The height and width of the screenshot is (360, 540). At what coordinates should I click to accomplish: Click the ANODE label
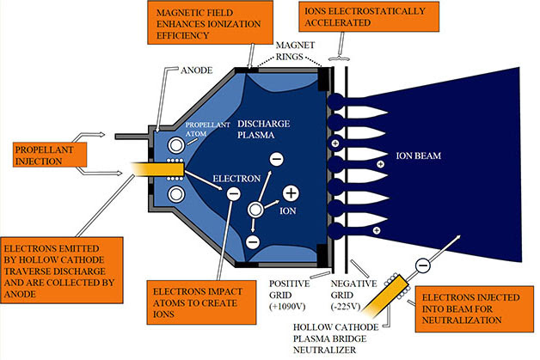pyautogui.click(x=197, y=70)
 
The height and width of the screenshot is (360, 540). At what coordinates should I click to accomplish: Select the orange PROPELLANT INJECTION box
pyautogui.click(x=50, y=155)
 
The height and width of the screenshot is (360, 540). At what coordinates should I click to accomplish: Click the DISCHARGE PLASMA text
pyautogui.click(x=263, y=129)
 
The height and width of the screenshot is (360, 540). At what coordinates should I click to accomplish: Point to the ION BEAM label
pyautogui.click(x=419, y=156)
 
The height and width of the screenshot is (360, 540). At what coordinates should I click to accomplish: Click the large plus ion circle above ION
pyautogui.click(x=291, y=193)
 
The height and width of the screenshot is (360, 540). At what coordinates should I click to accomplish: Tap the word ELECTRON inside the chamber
pyautogui.click(x=236, y=179)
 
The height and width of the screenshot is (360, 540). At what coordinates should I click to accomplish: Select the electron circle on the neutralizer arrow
pyautogui.click(x=422, y=265)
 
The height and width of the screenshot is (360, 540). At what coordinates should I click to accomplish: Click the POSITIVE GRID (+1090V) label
pyautogui.click(x=289, y=295)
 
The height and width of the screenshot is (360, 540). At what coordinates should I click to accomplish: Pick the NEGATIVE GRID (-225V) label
pyautogui.click(x=353, y=295)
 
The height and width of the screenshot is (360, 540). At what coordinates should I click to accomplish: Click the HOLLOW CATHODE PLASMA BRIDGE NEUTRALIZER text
pyautogui.click(x=335, y=339)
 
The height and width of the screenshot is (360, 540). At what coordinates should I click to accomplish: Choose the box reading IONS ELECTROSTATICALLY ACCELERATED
pyautogui.click(x=369, y=16)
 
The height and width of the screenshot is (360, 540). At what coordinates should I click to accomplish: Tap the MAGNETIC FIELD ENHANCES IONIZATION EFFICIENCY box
pyautogui.click(x=210, y=22)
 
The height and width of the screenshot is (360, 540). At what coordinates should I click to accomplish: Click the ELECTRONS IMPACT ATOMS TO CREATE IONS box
pyautogui.click(x=201, y=302)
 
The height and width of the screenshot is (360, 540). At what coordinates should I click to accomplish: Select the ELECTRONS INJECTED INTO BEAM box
pyautogui.click(x=475, y=308)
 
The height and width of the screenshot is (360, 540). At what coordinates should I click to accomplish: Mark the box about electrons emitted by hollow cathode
pyautogui.click(x=62, y=270)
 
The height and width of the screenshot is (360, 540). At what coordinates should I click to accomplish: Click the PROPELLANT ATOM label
pyautogui.click(x=208, y=129)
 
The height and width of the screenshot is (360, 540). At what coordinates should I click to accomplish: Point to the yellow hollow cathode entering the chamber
pyautogui.click(x=157, y=169)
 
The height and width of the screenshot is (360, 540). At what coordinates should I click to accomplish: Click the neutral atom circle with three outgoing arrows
pyautogui.click(x=255, y=210)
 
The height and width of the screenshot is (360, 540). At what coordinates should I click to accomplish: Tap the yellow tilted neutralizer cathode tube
pyautogui.click(x=386, y=296)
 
